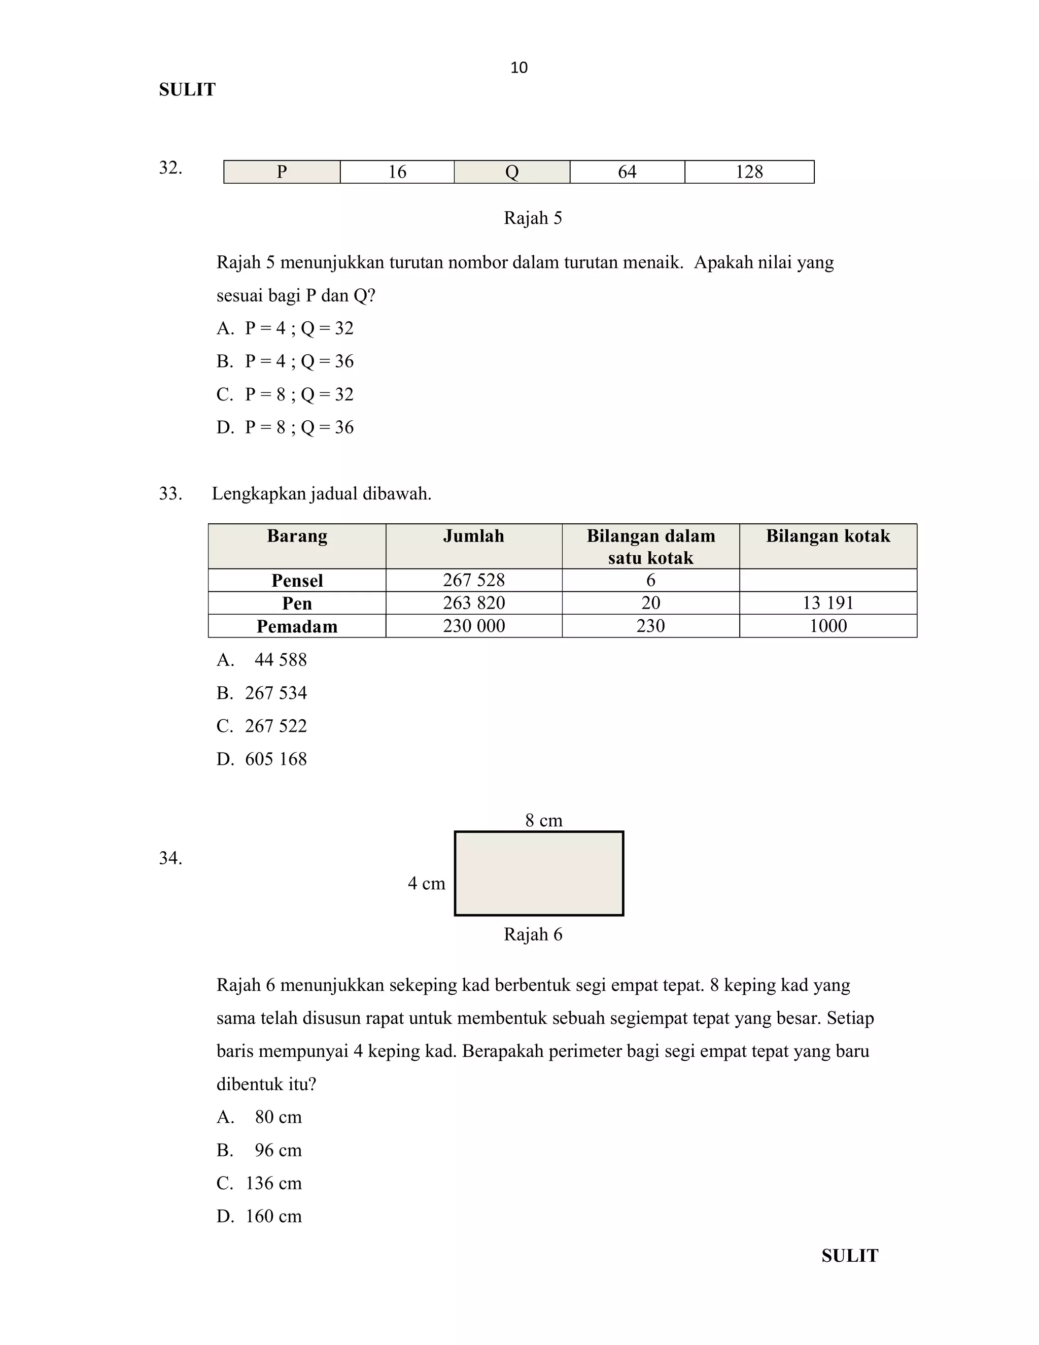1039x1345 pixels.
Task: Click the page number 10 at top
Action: pyautogui.click(x=519, y=68)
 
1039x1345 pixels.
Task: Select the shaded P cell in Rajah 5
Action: pyautogui.click(x=282, y=172)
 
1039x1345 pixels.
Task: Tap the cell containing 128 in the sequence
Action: pyautogui.click(x=749, y=172)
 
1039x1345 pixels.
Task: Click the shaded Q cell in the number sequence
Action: pyautogui.click(x=511, y=172)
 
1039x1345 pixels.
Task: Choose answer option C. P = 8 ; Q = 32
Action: pyautogui.click(x=285, y=394)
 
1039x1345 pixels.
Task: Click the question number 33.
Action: pyautogui.click(x=170, y=494)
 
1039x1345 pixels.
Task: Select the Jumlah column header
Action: pyautogui.click(x=473, y=536)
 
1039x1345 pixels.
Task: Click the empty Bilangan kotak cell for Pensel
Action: pyautogui.click(x=828, y=580)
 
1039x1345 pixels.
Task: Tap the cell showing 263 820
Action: pyautogui.click(x=473, y=603)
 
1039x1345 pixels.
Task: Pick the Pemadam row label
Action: pyautogui.click(x=297, y=626)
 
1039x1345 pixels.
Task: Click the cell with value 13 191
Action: pyautogui.click(x=828, y=603)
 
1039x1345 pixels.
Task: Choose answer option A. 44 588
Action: pyautogui.click(x=262, y=660)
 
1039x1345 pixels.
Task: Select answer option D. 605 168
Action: pyautogui.click(x=262, y=759)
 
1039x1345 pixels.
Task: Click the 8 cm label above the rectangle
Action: pyautogui.click(x=543, y=820)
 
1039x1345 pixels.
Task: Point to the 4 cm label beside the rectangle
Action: pyautogui.click(x=426, y=884)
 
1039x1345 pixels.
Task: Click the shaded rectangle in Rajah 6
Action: pyautogui.click(x=539, y=873)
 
